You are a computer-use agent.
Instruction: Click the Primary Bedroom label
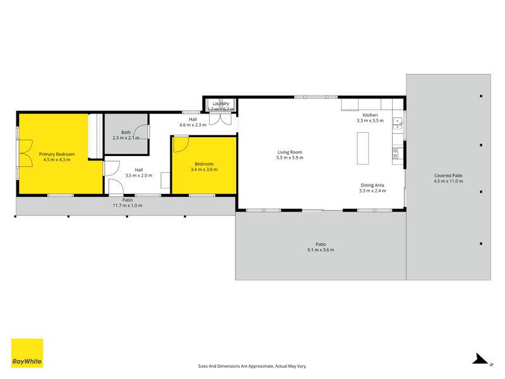(57, 154)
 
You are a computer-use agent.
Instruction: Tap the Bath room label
(126, 132)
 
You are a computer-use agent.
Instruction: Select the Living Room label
(290, 152)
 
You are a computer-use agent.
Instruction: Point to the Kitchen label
(369, 115)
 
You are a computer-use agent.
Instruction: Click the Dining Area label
(372, 185)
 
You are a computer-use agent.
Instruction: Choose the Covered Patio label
(448, 176)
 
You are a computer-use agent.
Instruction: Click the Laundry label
(220, 103)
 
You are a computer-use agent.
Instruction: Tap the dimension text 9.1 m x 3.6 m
(321, 250)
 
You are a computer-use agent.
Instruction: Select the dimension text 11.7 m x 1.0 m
(128, 205)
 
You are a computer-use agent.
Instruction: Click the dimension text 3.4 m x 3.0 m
(204, 170)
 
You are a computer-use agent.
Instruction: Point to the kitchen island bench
(362, 148)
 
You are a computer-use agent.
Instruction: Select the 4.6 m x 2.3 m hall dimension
(193, 125)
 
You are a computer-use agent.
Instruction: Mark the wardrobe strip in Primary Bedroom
(95, 136)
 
